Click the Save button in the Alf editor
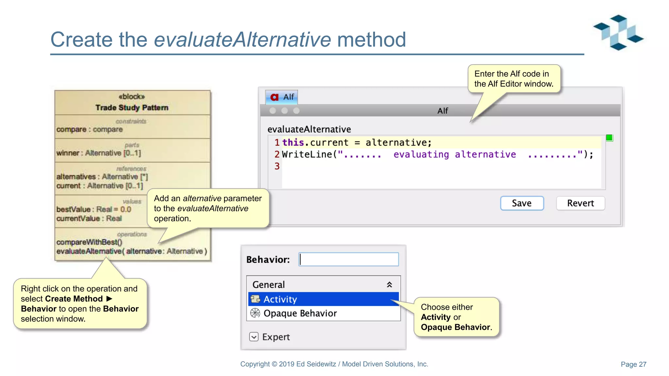click(x=522, y=203)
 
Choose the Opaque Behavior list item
click(x=300, y=313)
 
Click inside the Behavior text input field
click(x=349, y=259)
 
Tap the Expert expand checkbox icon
click(x=254, y=337)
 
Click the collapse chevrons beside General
click(x=389, y=285)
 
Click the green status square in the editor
click(x=609, y=138)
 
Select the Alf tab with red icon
click(x=282, y=97)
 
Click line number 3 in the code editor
click(x=277, y=166)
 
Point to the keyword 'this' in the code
click(x=293, y=143)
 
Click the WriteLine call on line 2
click(x=307, y=154)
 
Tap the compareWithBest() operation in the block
click(x=89, y=242)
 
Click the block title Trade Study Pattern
click(x=132, y=107)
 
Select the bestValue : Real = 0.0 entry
click(x=94, y=209)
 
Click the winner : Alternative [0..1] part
click(x=98, y=153)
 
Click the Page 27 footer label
click(x=633, y=364)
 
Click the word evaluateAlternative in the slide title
click(x=242, y=39)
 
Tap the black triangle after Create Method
click(x=109, y=299)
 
